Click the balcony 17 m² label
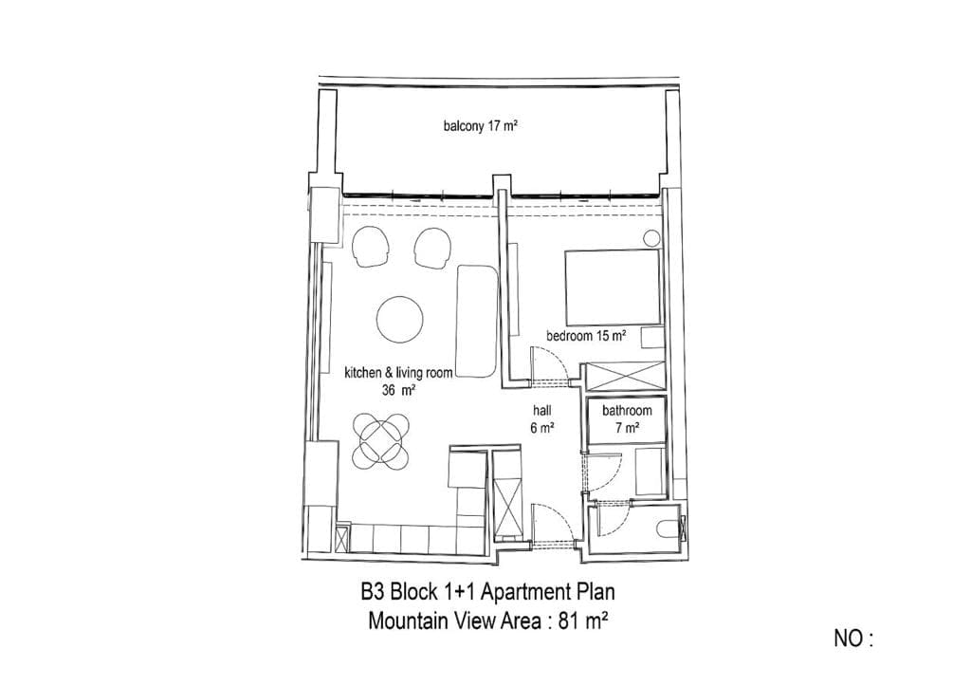480,126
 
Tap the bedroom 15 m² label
586,336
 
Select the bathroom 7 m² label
627,419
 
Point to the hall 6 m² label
541,419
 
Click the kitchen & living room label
398,373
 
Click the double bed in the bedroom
613,287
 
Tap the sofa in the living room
476,321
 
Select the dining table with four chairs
381,441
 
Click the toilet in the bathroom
666,530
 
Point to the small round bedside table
651,238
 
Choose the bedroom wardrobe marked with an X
625,376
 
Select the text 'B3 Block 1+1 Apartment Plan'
488,592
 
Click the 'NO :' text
853,639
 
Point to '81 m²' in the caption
583,621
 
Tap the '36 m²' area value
398,390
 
